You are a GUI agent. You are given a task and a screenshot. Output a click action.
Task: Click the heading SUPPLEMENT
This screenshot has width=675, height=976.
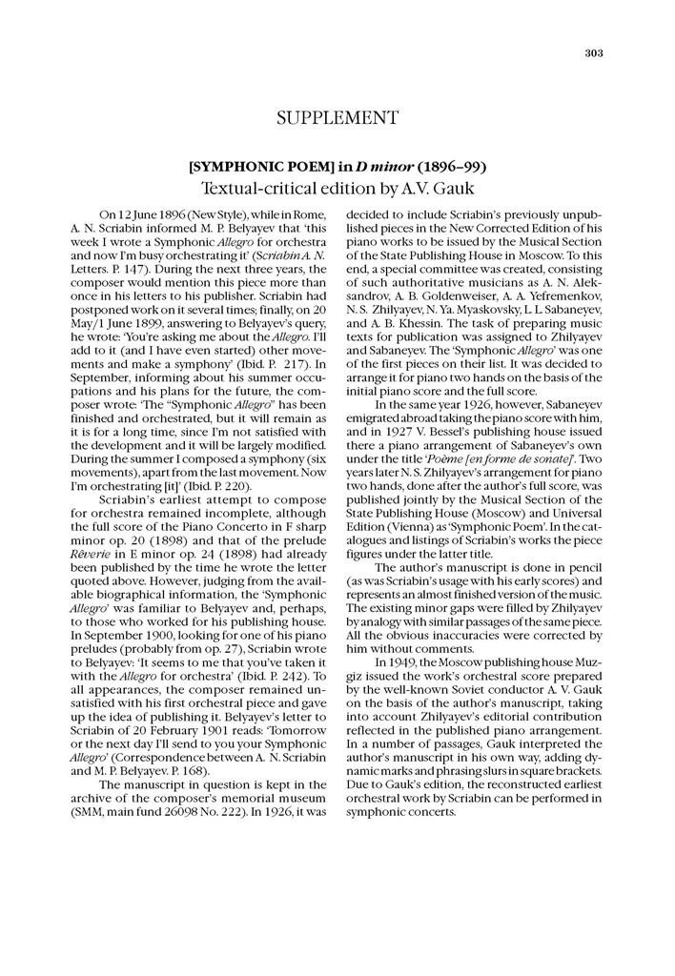(337, 118)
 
